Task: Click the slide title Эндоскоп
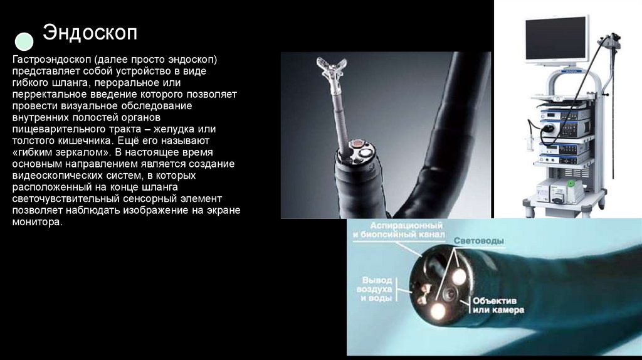point(90,33)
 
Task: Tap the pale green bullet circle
point(24,41)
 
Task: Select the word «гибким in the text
point(35,152)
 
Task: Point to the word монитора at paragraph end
point(37,223)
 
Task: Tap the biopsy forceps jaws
point(331,68)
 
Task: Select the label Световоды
point(478,241)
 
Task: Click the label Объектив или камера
point(498,305)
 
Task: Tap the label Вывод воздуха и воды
point(377,289)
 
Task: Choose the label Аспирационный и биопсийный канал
point(398,230)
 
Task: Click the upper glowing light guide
point(458,277)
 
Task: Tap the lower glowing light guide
point(438,311)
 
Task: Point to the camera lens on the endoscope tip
point(450,294)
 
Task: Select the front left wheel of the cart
point(529,211)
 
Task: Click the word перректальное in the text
point(48,95)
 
